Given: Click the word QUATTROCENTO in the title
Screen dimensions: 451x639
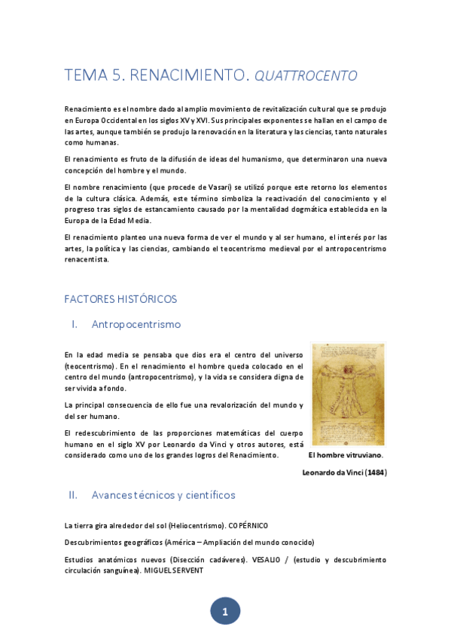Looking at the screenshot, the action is [306, 75].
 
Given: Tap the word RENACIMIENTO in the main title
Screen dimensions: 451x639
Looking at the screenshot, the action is [189, 75].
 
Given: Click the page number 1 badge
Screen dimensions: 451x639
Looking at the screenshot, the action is [225, 612].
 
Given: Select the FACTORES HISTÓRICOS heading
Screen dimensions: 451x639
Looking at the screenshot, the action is [121, 299].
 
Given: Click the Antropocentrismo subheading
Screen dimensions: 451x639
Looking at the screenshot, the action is [136, 325].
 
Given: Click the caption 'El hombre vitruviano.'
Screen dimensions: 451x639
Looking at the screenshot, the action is [346, 455].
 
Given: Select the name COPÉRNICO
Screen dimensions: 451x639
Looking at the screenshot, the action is [248, 525].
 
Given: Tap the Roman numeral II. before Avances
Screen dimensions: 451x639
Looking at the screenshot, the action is [73, 496].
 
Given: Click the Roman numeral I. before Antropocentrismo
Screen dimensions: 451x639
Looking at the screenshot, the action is [75, 325].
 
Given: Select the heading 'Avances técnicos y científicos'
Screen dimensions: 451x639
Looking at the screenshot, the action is [163, 496].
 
